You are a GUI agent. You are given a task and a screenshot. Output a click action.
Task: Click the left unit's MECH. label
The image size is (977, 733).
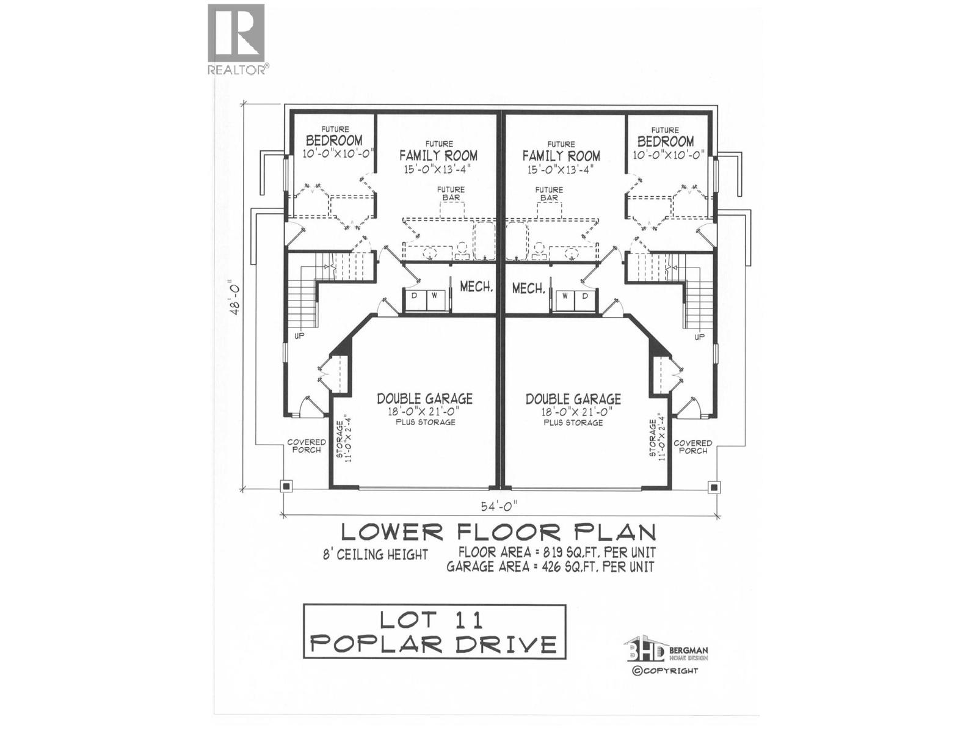pyautogui.click(x=476, y=287)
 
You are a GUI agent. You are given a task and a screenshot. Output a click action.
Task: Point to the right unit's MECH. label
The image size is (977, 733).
pyautogui.click(x=529, y=288)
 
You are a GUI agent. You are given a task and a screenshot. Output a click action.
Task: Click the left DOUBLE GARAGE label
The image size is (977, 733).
pyautogui.click(x=424, y=399)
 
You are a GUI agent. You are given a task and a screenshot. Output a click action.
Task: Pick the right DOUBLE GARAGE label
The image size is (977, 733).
pyautogui.click(x=573, y=399)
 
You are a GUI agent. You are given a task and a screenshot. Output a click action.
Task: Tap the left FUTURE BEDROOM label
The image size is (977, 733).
pyautogui.click(x=335, y=140)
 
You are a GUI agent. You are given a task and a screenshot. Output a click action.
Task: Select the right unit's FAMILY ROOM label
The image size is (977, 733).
pyautogui.click(x=561, y=156)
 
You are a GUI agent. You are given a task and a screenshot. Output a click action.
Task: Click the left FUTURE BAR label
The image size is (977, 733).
pyautogui.click(x=451, y=193)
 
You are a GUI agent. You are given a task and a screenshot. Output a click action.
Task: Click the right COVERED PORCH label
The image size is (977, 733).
pyautogui.click(x=692, y=447)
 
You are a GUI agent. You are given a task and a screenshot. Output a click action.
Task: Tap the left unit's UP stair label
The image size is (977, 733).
pyautogui.click(x=299, y=336)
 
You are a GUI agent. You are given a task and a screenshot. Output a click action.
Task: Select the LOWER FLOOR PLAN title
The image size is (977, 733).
pyautogui.click(x=498, y=531)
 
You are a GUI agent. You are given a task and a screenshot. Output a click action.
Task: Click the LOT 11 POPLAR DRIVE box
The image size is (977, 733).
pyautogui.click(x=435, y=632)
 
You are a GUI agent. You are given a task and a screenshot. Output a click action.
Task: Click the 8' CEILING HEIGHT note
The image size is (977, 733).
pyautogui.click(x=376, y=555)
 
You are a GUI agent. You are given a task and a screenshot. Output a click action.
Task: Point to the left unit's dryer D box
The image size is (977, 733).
pyautogui.click(x=415, y=296)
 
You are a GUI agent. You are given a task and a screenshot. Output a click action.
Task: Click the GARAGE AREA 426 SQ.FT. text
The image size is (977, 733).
pyautogui.click(x=550, y=567)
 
